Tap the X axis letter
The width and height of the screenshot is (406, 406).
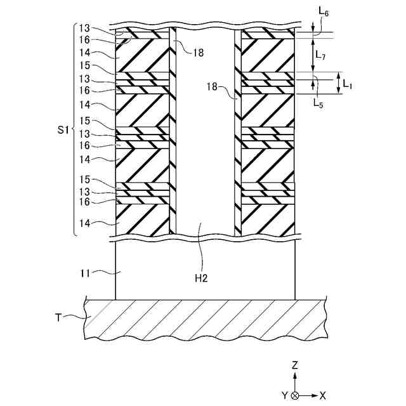click(323, 395)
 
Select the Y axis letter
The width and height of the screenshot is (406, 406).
click(285, 395)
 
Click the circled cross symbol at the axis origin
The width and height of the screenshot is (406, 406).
click(296, 395)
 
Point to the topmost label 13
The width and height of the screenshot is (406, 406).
click(84, 29)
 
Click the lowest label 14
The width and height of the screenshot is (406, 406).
click(84, 223)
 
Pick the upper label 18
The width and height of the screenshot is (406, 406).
click(199, 53)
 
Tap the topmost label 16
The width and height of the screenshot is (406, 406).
click(84, 39)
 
